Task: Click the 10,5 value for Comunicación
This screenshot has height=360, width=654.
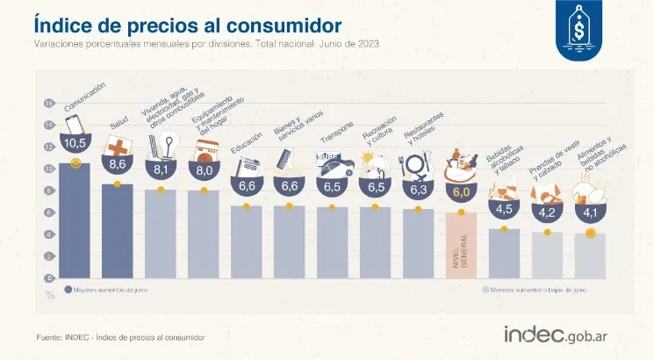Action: (75, 142)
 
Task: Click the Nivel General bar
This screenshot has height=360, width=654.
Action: (462, 246)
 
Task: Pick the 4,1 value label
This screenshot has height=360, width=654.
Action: (590, 211)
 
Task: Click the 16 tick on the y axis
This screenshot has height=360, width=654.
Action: (49, 104)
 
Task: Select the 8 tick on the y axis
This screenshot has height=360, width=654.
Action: (49, 191)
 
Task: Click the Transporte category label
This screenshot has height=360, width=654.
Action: (338, 139)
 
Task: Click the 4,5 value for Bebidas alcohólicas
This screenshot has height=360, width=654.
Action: (504, 209)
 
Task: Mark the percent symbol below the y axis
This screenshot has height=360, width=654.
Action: (49, 293)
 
